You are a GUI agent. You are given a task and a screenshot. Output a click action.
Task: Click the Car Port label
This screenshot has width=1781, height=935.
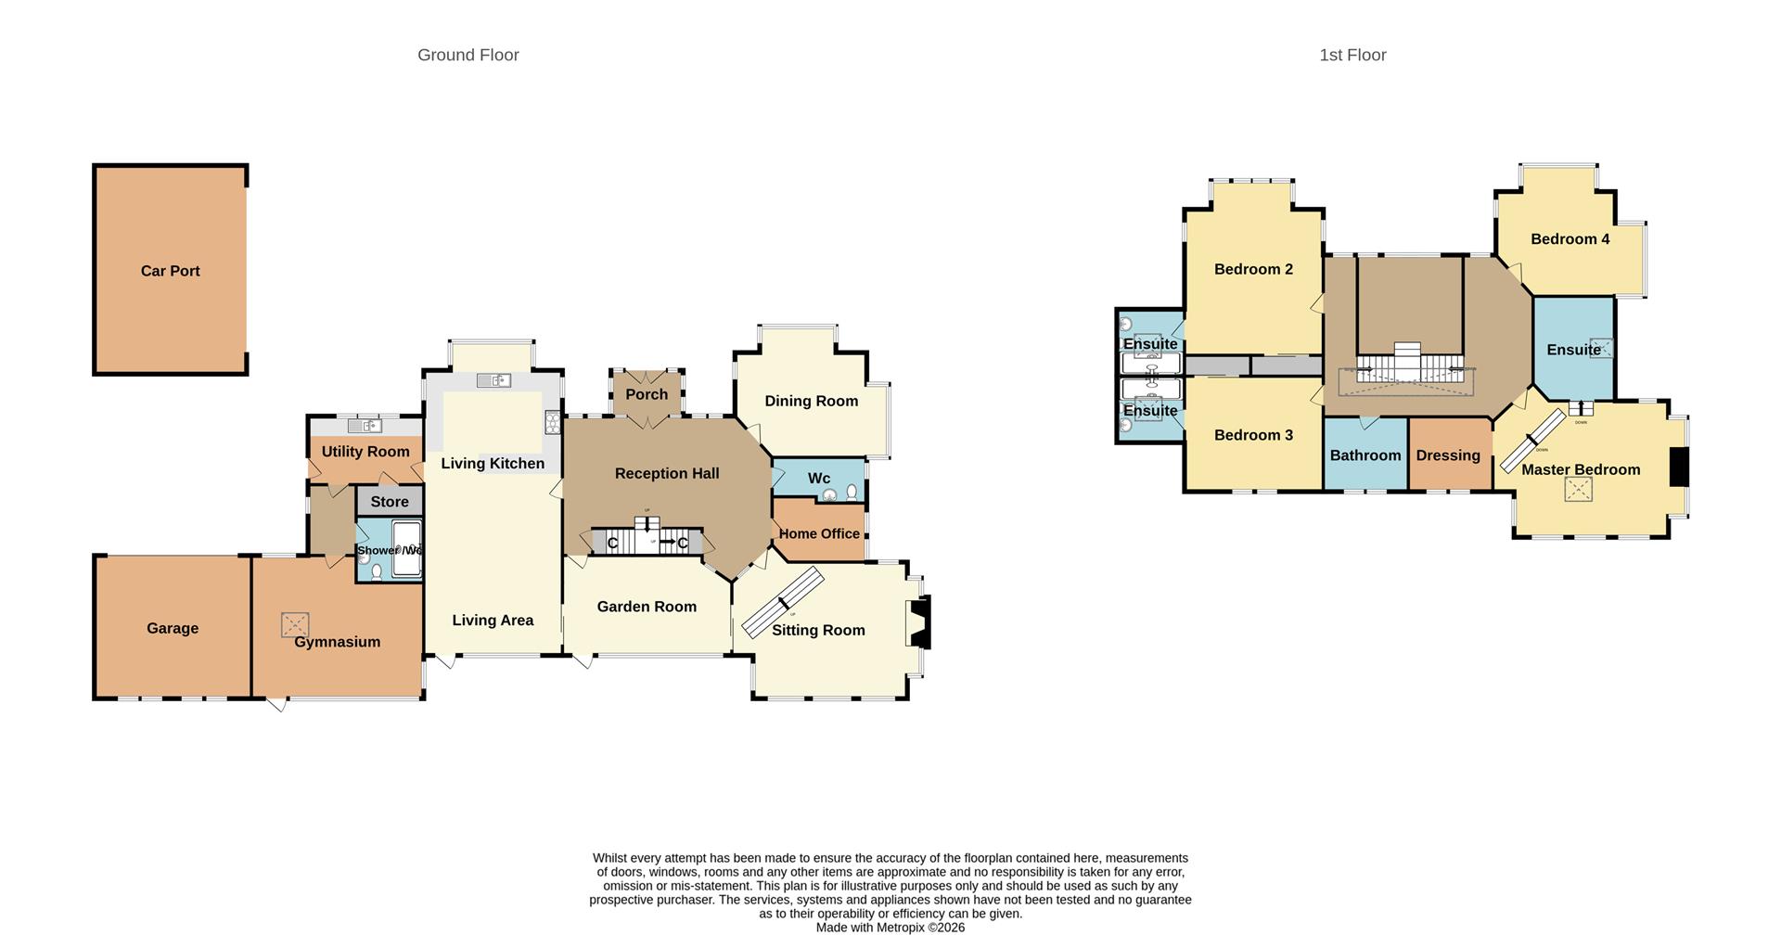170,271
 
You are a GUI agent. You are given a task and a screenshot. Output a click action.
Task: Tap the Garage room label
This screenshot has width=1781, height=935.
173,628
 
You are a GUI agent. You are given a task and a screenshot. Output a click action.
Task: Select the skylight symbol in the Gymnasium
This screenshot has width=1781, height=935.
295,624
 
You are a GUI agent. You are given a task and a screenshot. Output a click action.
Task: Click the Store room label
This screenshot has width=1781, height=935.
390,502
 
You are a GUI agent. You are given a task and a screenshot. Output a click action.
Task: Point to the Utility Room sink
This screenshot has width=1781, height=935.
365,426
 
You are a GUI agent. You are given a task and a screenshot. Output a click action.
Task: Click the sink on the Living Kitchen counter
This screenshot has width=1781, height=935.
493,380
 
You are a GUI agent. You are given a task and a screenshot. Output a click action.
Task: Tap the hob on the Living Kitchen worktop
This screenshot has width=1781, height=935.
552,423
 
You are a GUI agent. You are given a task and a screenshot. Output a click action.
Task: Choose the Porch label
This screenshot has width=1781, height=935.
647,394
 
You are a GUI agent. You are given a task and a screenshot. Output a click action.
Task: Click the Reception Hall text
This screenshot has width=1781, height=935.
667,473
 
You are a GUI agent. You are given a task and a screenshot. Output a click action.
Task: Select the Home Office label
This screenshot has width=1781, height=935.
819,533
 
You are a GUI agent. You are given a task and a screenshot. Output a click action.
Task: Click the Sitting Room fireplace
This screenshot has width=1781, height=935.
920,623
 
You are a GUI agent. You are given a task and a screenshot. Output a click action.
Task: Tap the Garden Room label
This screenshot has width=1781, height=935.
647,607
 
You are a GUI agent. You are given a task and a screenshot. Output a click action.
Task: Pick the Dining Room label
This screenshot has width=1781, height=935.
811,401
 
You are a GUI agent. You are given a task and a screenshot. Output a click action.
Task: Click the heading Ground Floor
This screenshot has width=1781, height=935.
468,55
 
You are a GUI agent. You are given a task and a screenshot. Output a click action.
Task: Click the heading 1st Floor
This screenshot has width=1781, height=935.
1352,55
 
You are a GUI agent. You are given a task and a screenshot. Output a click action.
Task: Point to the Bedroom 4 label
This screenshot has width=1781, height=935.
1570,238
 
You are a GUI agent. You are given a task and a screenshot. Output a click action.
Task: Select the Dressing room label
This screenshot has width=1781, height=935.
1447,455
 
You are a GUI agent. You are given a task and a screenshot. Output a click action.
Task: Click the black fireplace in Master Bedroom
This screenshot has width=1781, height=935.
1679,467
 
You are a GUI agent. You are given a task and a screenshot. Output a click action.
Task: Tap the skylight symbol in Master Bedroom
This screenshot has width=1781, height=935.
1578,490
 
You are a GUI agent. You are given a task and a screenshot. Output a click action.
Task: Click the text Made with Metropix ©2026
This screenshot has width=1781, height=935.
890,927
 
